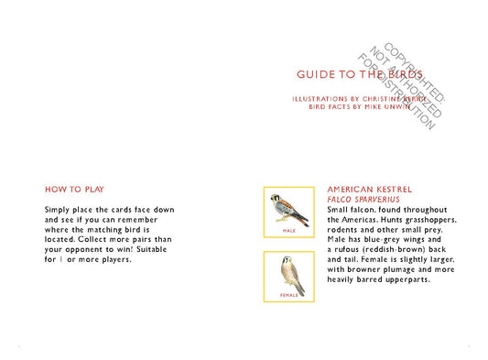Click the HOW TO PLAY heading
74,190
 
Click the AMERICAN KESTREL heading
365,190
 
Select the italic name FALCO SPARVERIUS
363,200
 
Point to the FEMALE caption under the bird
289,296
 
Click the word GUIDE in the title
315,74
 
